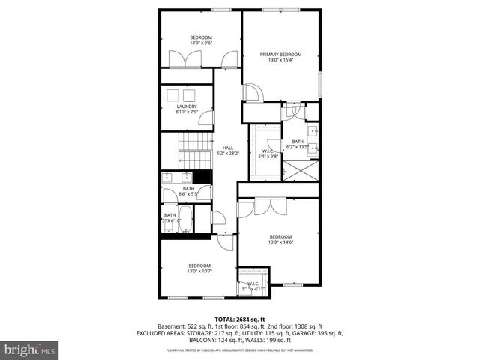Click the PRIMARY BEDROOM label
[280, 55]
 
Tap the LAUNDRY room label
[187, 106]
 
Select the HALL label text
[227, 148]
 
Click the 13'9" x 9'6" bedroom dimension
[200, 43]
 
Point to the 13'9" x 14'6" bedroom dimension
[280, 241]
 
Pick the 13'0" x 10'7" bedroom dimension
[199, 271]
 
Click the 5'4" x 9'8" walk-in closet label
[268, 156]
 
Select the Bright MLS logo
[30, 349]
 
